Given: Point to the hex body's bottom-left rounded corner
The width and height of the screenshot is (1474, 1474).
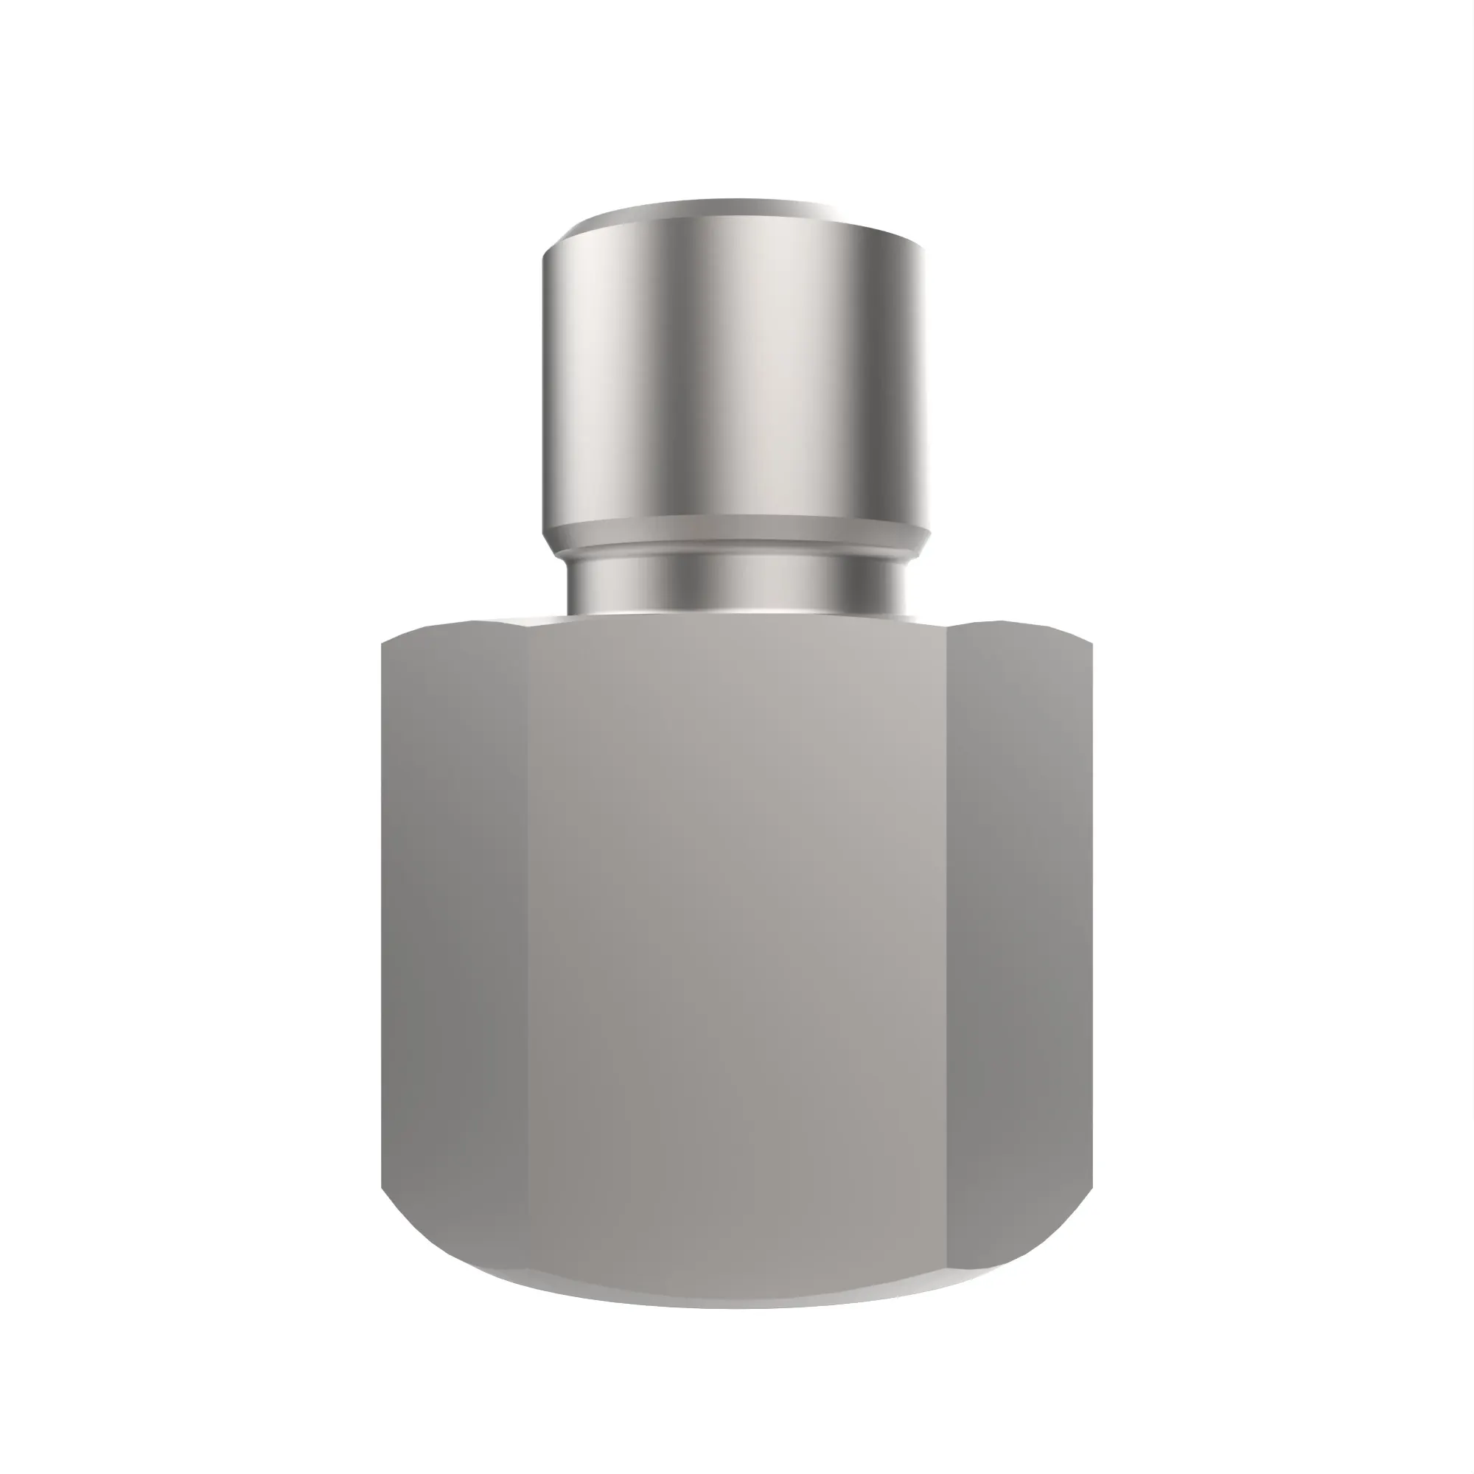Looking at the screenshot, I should [412, 1236].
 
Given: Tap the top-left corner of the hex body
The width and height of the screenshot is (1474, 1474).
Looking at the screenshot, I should [384, 643].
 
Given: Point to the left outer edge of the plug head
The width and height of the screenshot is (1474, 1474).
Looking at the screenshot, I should [544, 382].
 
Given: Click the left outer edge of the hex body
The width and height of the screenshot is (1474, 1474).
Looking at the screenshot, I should [383, 915].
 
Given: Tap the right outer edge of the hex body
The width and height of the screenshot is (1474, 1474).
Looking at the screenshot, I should [1091, 915].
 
